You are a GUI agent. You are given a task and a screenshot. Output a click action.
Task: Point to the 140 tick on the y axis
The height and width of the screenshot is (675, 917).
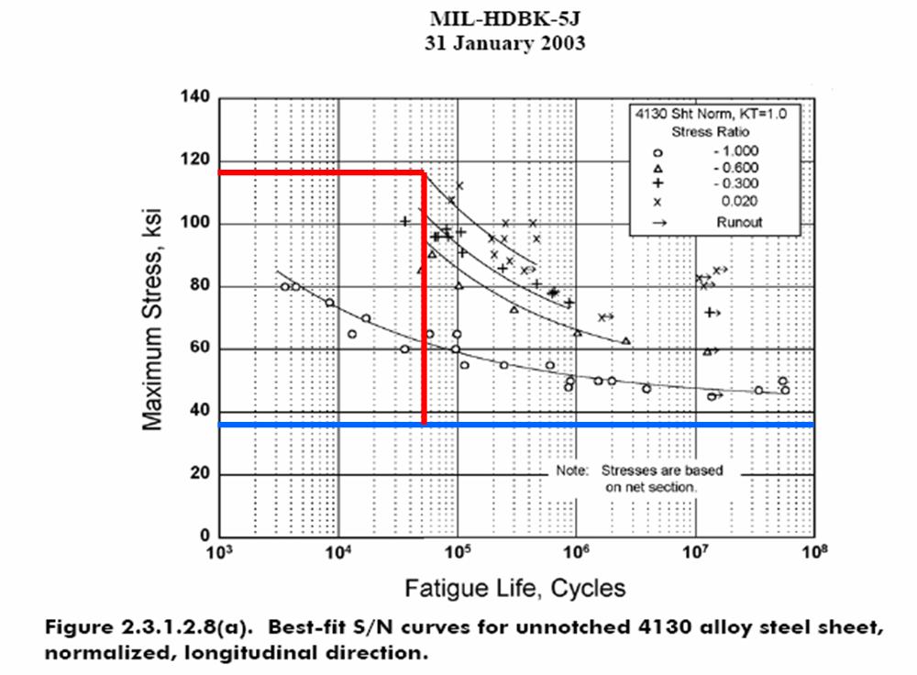(x=197, y=98)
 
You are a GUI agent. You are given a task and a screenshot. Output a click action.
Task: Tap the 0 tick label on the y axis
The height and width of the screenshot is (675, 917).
(x=204, y=537)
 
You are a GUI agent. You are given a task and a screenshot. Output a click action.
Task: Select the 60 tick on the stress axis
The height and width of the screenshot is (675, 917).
(x=201, y=349)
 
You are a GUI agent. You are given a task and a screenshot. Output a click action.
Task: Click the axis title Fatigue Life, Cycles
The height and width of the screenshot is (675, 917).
(x=517, y=587)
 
